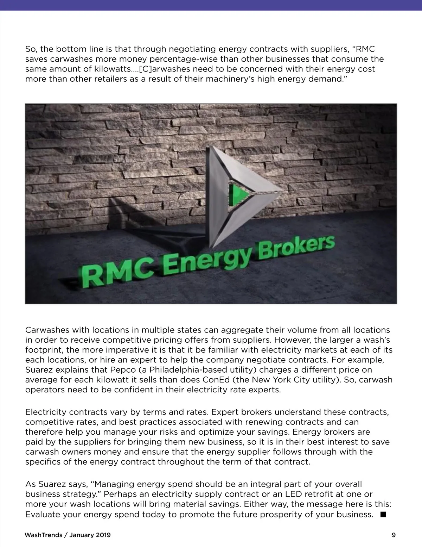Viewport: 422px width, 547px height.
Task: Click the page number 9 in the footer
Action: point(394,535)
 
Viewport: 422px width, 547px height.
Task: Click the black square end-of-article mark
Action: point(383,514)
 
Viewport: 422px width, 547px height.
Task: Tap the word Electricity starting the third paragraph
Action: point(46,412)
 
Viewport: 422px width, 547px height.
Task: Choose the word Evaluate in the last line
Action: point(43,514)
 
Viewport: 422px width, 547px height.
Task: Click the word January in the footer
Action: point(82,535)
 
